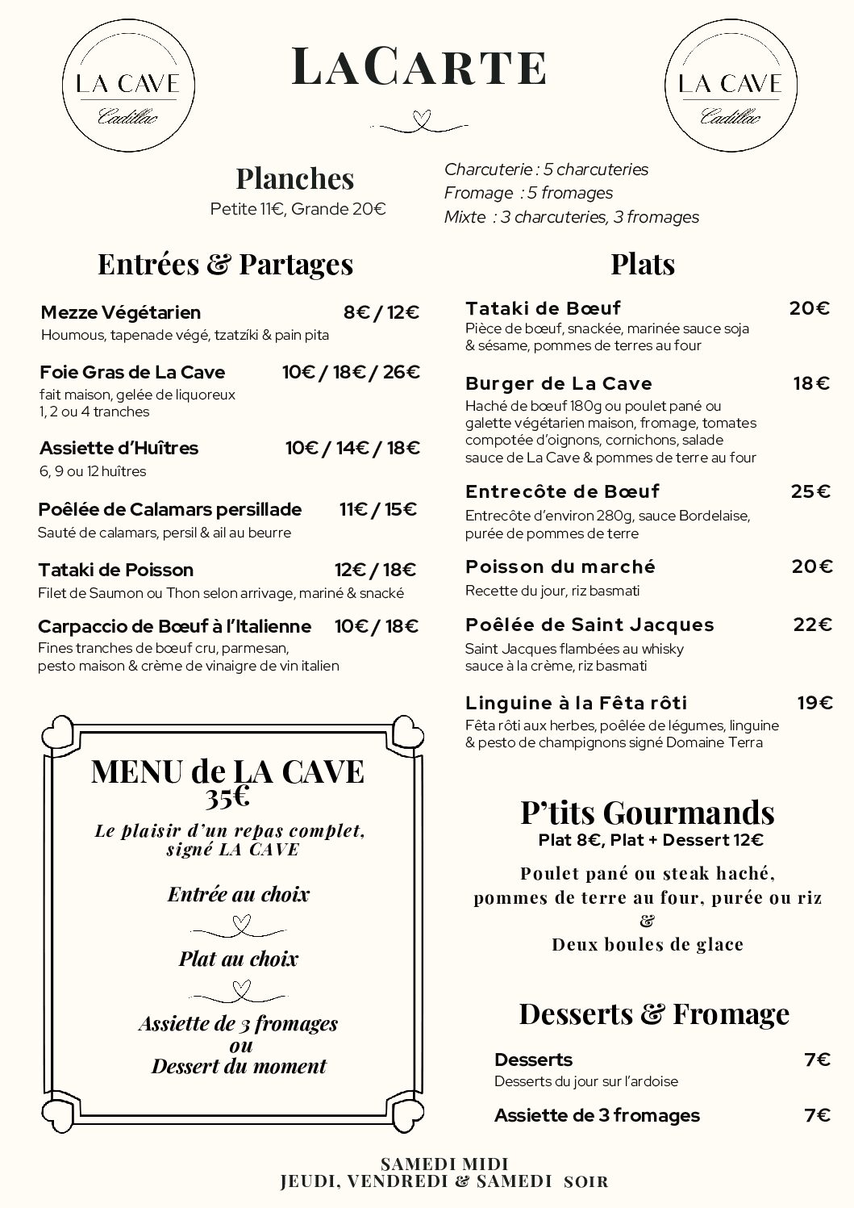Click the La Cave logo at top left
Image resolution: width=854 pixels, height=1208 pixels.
click(x=126, y=86)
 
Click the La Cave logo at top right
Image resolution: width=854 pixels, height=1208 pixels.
click(x=729, y=86)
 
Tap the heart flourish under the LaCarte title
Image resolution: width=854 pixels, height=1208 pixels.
click(x=419, y=121)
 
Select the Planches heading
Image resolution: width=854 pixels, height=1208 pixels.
click(x=295, y=178)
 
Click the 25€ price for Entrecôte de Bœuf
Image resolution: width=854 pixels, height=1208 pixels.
click(x=810, y=491)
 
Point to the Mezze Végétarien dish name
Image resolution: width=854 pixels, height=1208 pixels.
click(x=120, y=312)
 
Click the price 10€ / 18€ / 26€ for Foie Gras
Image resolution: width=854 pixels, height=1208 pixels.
click(x=351, y=372)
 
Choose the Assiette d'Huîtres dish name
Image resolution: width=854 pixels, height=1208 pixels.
click(x=119, y=448)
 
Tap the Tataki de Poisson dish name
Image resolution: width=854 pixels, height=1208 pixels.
click(x=115, y=570)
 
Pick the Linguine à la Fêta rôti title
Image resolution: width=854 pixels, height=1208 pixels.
click(x=576, y=703)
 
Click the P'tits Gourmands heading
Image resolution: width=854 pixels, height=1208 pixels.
click(x=648, y=812)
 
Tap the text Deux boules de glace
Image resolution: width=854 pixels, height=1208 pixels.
click(x=648, y=944)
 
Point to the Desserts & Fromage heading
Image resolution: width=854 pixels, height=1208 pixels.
click(x=653, y=1014)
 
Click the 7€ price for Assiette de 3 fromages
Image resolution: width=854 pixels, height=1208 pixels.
click(x=817, y=1115)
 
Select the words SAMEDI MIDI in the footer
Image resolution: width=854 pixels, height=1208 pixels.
click(x=444, y=1164)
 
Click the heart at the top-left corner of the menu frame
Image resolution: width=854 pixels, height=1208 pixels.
click(x=59, y=734)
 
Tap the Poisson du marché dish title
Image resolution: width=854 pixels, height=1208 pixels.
click(x=560, y=566)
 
